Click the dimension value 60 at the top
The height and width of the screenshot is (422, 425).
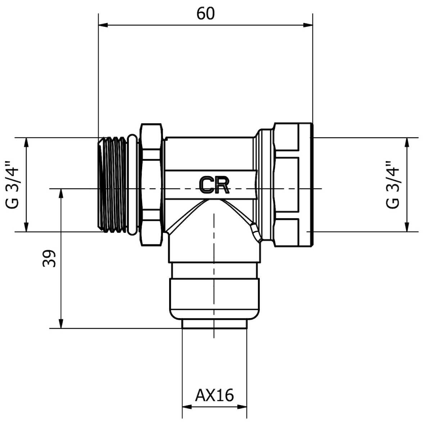coord(205,13)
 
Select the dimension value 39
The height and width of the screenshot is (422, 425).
coord(49,258)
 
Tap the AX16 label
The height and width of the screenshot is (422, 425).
coord(214,395)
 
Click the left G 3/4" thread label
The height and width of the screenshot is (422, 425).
coord(13,185)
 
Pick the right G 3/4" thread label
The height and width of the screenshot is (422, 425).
coord(393,185)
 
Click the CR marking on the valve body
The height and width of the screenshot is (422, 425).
coord(214,185)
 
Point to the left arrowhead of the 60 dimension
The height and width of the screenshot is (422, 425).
coord(103,25)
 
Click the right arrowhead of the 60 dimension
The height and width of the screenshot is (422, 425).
coord(308,25)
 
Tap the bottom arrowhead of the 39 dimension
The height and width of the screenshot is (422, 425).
coord(61,324)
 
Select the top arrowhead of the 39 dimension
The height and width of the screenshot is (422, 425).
coord(61,193)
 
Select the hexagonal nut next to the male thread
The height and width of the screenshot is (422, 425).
coord(152,185)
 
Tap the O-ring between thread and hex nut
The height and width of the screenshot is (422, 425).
coord(132,185)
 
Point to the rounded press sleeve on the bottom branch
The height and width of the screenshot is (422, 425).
coord(214,298)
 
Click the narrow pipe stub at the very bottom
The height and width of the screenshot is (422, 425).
coord(214,324)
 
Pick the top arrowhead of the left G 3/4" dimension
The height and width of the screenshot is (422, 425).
coord(26,143)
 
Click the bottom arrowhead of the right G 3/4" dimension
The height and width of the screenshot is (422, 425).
coord(407,227)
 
